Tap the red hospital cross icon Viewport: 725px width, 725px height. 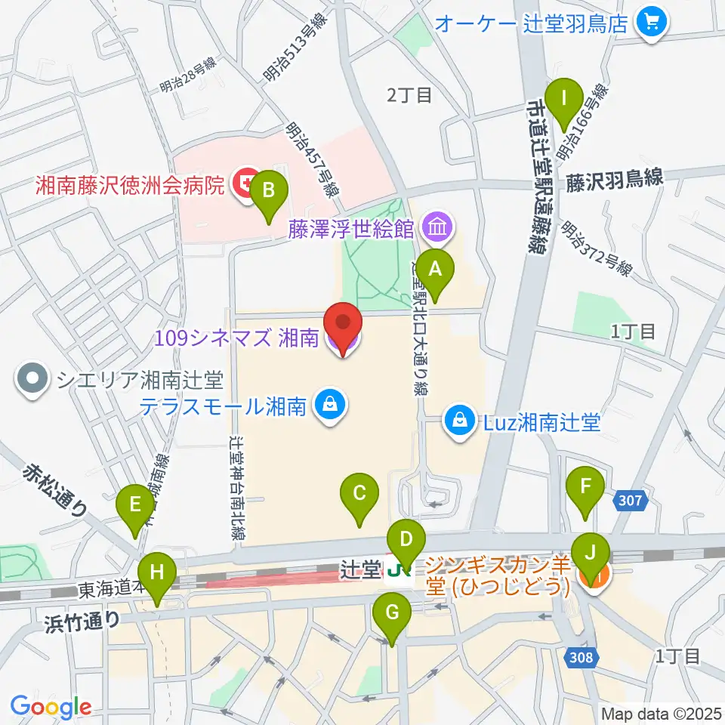coord(244,182)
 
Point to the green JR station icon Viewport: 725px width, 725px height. coord(396,572)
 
